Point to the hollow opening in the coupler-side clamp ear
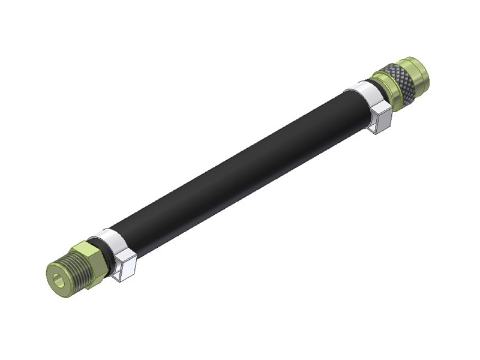coord(377,125)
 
